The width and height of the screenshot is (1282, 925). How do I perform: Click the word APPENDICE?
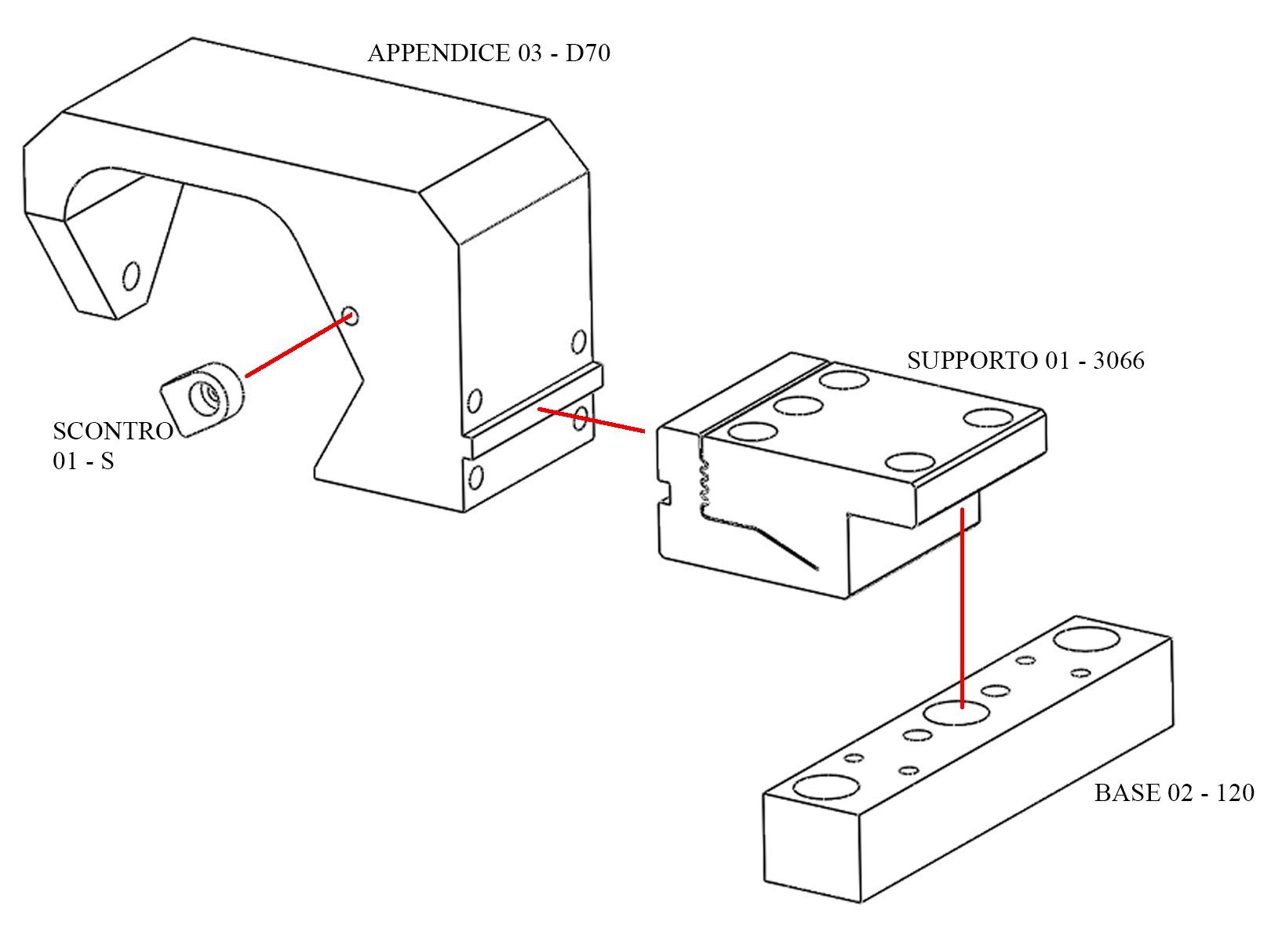(x=439, y=53)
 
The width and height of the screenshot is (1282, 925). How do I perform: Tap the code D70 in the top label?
(x=588, y=53)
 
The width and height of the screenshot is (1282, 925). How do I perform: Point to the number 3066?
(x=1119, y=361)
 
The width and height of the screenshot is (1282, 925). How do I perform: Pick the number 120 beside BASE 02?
(x=1235, y=792)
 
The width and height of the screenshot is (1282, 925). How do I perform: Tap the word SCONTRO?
(x=113, y=431)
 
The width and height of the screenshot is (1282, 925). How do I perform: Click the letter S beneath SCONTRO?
(x=107, y=461)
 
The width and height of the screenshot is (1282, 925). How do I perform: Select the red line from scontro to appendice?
(x=298, y=345)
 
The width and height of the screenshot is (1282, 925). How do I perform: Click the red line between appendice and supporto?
(x=592, y=421)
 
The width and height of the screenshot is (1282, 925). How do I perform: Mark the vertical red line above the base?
(x=963, y=608)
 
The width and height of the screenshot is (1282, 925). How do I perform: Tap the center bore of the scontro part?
(x=206, y=397)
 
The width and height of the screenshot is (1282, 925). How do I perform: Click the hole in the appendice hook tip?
(x=131, y=276)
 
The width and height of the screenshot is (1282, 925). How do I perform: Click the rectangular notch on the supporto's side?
(x=665, y=491)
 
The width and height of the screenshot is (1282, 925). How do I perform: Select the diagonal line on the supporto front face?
(x=786, y=548)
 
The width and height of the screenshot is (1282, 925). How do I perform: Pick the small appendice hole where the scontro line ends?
(x=350, y=315)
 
